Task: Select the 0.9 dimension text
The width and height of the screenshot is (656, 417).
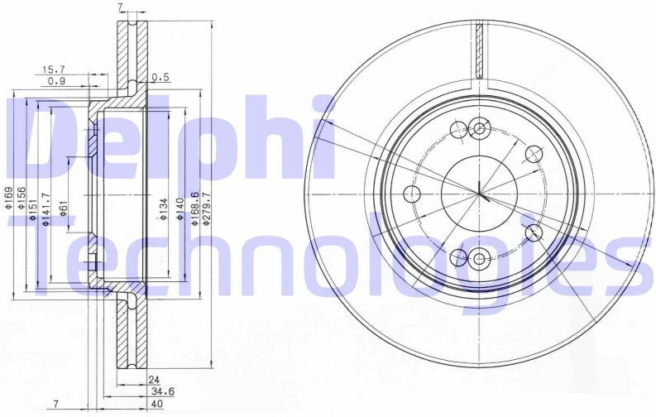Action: (x=56, y=81)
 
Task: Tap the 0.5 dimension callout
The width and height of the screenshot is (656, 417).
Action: (x=160, y=77)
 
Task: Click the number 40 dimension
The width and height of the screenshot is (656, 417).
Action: (x=157, y=404)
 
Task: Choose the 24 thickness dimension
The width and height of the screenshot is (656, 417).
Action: (x=155, y=380)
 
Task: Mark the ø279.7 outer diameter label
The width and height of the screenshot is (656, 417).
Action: (x=205, y=209)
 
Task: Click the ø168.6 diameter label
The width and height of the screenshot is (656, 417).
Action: (x=194, y=209)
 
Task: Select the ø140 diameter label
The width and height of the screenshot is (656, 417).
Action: (x=180, y=209)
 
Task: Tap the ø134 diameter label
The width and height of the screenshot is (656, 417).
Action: (x=164, y=209)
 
